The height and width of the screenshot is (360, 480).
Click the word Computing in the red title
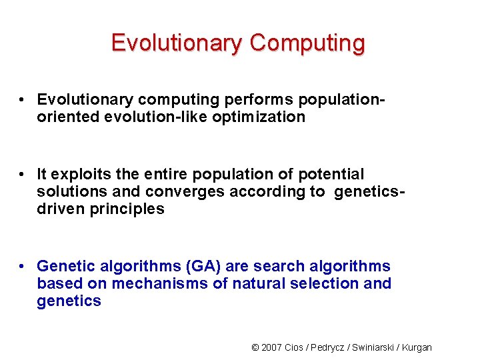click(x=307, y=43)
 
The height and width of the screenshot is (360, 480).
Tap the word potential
click(x=328, y=175)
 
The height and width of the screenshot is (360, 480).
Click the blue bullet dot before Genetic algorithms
click(x=23, y=267)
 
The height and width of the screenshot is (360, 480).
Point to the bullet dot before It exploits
click(x=23, y=175)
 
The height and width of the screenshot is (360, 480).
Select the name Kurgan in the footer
click(x=415, y=347)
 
